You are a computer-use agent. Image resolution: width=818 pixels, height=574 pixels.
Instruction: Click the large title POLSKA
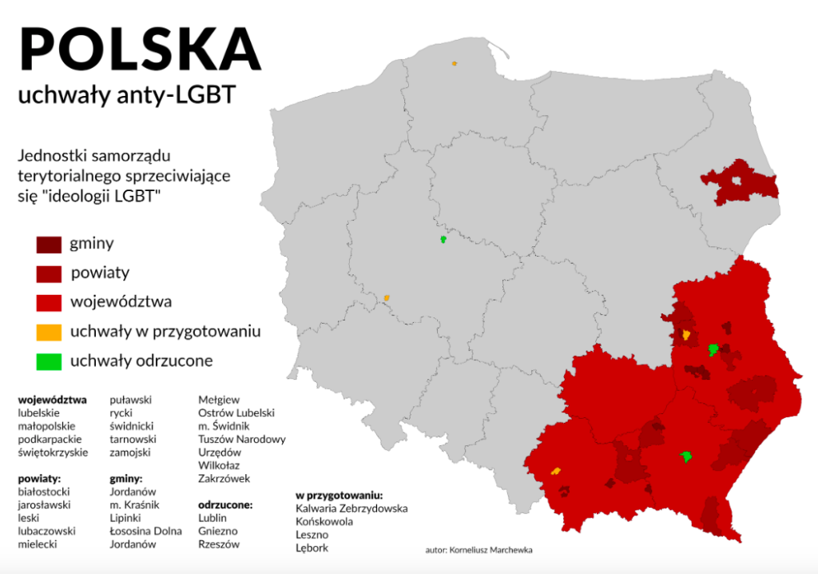pyautogui.click(x=140, y=50)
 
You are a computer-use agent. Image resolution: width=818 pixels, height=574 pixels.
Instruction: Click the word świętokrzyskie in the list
pyautogui.click(x=53, y=452)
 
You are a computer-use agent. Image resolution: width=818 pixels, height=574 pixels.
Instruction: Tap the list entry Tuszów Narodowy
pyautogui.click(x=241, y=439)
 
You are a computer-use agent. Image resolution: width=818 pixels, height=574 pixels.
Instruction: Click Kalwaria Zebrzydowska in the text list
pyautogui.click(x=351, y=508)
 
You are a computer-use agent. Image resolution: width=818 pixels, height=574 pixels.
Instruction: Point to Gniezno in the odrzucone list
pyautogui.click(x=217, y=531)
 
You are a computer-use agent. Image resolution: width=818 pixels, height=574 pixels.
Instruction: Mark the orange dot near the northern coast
pyautogui.click(x=454, y=63)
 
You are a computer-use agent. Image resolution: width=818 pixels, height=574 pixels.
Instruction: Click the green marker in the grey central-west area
pyautogui.click(x=443, y=239)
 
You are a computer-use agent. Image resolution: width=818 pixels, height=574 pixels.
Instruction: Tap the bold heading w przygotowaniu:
pyautogui.click(x=339, y=495)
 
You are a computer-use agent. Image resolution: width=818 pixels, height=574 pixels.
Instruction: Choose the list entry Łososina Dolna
pyautogui.click(x=145, y=531)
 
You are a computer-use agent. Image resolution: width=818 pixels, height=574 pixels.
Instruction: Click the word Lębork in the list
pyautogui.click(x=312, y=548)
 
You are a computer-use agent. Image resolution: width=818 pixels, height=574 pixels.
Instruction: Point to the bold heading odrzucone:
pyautogui.click(x=225, y=504)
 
